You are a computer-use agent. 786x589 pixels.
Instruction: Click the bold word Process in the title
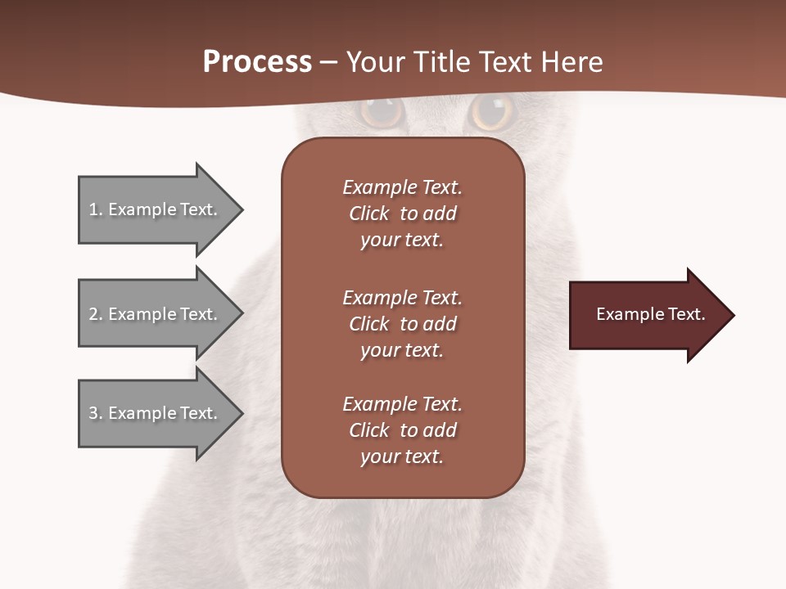257,62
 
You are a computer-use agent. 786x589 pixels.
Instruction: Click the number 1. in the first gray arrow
95,209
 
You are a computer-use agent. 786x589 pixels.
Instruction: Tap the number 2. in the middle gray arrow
95,314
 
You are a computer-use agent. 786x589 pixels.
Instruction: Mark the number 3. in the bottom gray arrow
95,413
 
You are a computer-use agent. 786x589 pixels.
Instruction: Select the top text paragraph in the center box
402,214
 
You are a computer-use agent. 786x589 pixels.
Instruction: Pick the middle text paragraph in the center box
402,324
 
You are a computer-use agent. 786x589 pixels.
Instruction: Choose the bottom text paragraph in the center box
402,430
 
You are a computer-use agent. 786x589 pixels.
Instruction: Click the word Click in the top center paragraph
368,214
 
